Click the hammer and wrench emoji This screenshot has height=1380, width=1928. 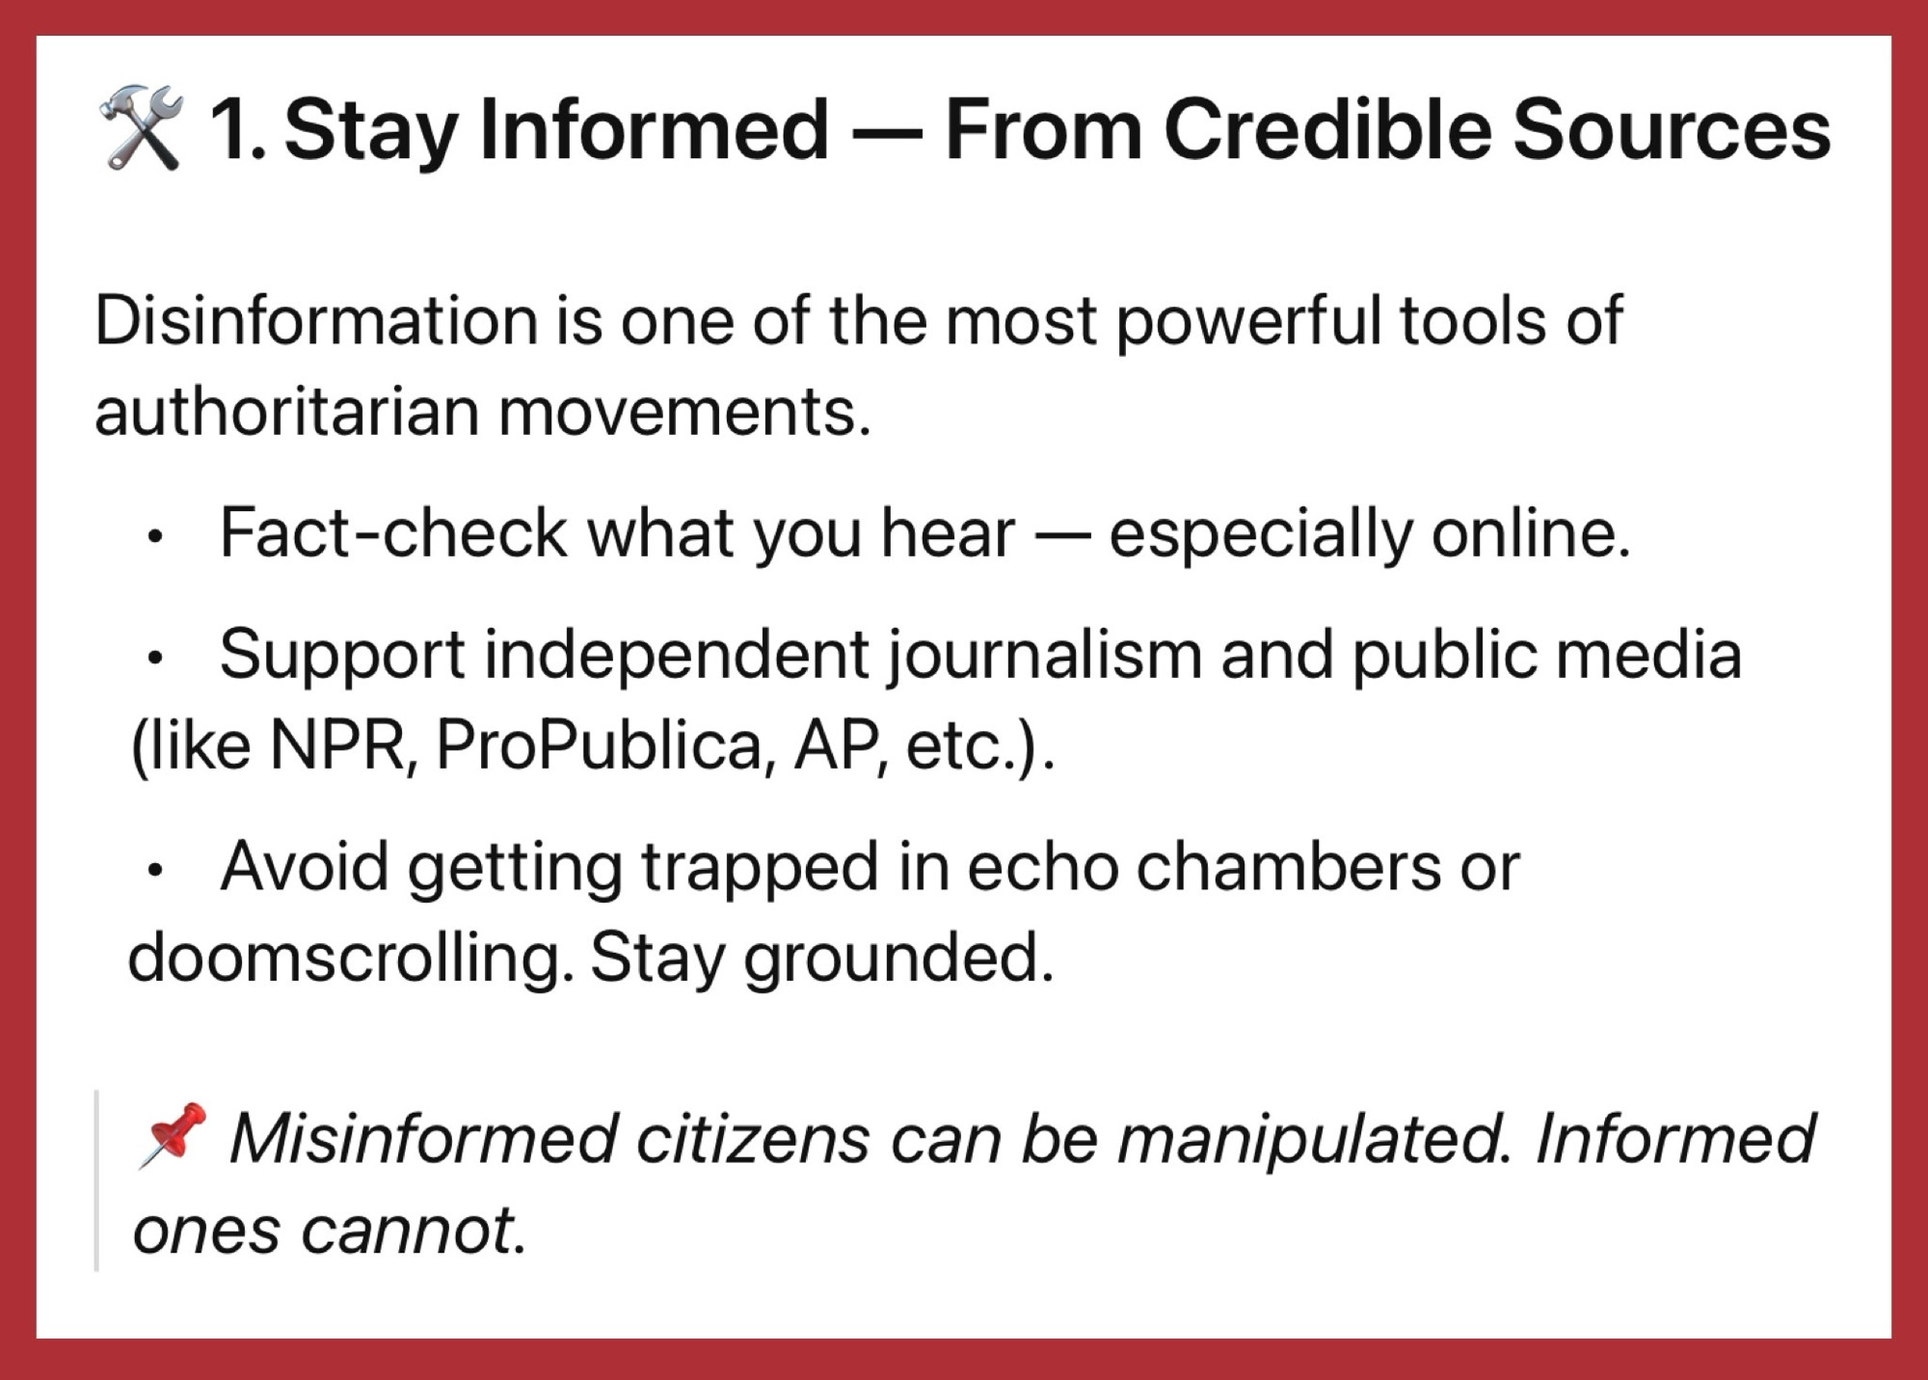[141, 128]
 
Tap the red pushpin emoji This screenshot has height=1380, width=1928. [173, 1135]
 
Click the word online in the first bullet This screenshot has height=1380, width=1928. [1531, 532]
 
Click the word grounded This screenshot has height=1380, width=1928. [898, 959]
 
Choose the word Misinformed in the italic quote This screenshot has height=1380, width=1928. [423, 1139]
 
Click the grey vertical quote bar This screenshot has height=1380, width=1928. [96, 1180]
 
